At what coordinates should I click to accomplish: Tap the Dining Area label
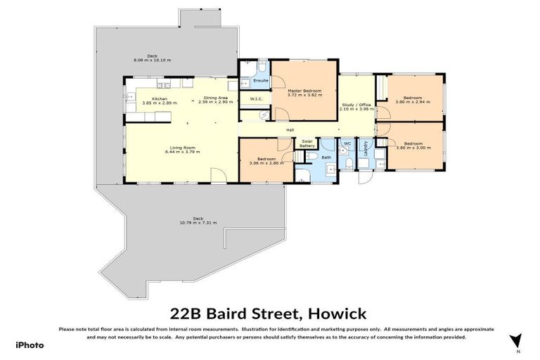pos(215,98)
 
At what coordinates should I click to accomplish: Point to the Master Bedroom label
pos(304,91)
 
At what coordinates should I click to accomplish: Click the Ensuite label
pos(251,82)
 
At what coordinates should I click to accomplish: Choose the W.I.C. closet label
pos(256,99)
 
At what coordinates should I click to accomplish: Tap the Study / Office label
pos(354,105)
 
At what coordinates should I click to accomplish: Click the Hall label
pos(290,130)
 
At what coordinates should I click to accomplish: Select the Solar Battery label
pos(307,143)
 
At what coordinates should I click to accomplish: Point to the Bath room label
pos(326,157)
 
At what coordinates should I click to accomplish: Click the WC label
pos(347,143)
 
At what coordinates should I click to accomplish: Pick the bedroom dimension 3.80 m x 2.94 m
pos(413,102)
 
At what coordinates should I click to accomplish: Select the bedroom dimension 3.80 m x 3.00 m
pos(413,148)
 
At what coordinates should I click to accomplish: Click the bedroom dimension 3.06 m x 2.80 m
pos(266,163)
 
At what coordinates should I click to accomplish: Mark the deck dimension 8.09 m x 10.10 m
pos(153,60)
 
